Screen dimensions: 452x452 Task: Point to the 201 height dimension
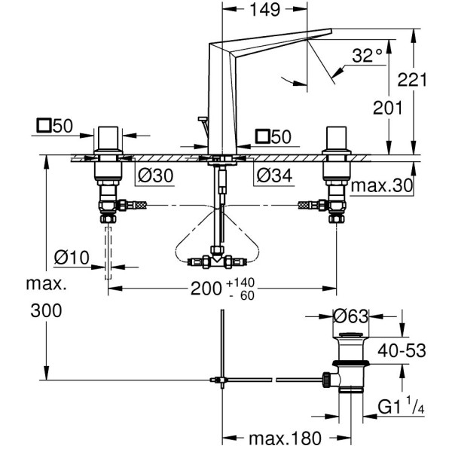tap(389, 108)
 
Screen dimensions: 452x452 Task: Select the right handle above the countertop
tap(336, 140)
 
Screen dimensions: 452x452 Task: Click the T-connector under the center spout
tap(218, 261)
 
